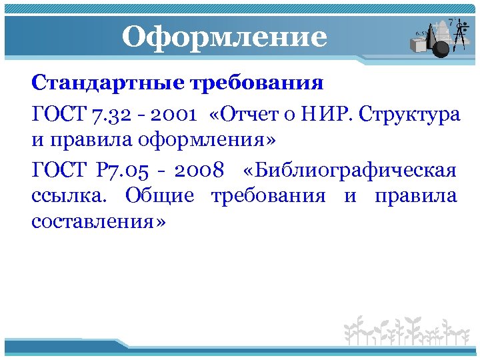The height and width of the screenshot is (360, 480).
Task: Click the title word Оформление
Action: [x=224, y=37]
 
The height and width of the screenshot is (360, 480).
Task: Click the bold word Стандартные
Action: [x=109, y=85]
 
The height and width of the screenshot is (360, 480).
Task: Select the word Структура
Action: [x=409, y=114]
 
